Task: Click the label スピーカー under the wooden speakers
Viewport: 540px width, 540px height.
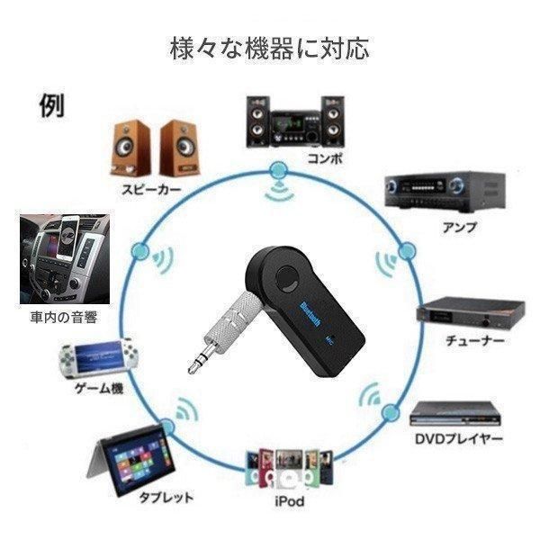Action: [151, 190]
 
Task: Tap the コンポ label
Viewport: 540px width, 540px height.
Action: [325, 158]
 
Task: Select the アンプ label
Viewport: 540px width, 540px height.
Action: [459, 228]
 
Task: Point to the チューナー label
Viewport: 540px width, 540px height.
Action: [475, 340]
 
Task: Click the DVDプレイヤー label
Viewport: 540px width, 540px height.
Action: [459, 439]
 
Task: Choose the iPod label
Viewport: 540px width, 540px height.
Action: [290, 501]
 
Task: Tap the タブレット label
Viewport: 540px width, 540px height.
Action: [166, 498]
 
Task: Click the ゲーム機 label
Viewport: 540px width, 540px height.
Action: [99, 389]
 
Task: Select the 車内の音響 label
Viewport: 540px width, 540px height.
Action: [64, 317]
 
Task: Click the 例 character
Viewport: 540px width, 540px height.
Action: [51, 105]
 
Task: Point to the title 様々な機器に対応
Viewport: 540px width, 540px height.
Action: [270, 49]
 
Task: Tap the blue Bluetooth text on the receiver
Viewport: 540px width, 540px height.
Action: [310, 314]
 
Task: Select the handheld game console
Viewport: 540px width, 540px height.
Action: [98, 358]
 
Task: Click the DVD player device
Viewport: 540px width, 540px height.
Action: [454, 414]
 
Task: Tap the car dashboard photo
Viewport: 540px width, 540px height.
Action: [65, 259]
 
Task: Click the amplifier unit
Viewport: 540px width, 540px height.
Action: [445, 193]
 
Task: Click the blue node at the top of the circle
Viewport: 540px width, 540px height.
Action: [278, 170]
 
